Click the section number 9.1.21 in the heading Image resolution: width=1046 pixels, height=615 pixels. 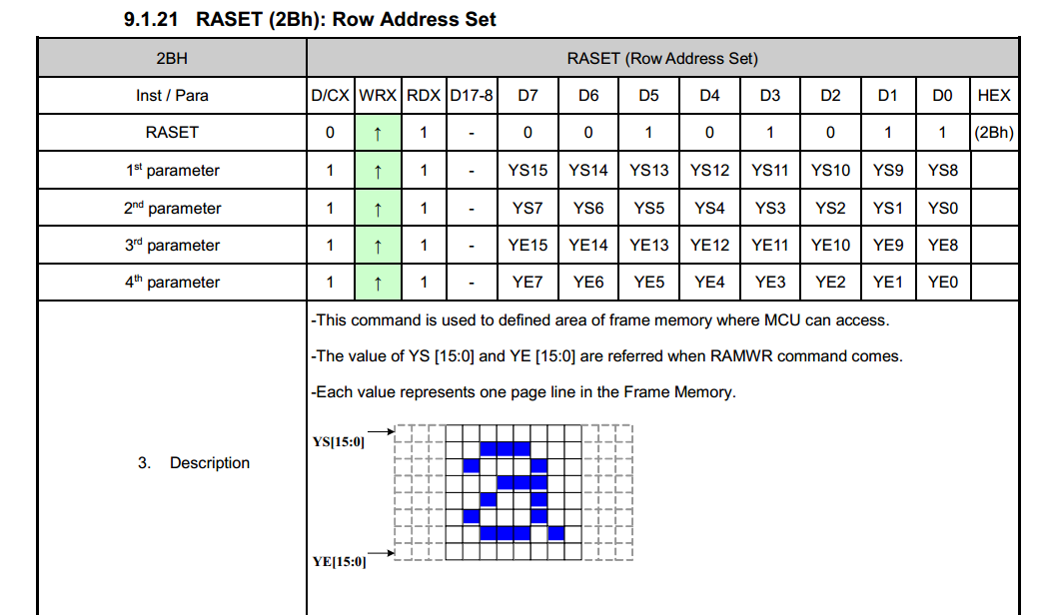click(x=151, y=19)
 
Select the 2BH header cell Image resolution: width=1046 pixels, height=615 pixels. click(x=172, y=59)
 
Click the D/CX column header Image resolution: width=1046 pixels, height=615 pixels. click(x=330, y=95)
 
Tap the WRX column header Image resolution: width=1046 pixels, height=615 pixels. click(x=378, y=95)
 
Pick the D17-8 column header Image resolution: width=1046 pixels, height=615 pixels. click(x=471, y=95)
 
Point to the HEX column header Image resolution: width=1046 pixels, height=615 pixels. click(x=994, y=95)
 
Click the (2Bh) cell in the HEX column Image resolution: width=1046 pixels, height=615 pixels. click(x=994, y=133)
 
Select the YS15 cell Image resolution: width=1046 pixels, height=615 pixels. click(x=527, y=171)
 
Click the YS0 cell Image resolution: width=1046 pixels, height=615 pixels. click(x=943, y=209)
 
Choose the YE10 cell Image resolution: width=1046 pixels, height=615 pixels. click(x=830, y=246)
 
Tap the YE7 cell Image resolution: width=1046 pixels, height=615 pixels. click(x=527, y=283)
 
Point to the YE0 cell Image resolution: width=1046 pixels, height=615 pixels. click(x=943, y=283)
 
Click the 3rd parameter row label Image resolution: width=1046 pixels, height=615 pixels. click(x=172, y=246)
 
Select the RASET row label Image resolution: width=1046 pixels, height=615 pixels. click(x=172, y=133)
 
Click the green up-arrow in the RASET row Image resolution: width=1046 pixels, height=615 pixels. click(x=378, y=134)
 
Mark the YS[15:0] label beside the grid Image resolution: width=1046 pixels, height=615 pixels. click(x=339, y=441)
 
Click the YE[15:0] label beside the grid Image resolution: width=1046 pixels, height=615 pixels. click(x=339, y=562)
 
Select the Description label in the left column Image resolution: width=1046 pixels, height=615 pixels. click(x=210, y=463)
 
